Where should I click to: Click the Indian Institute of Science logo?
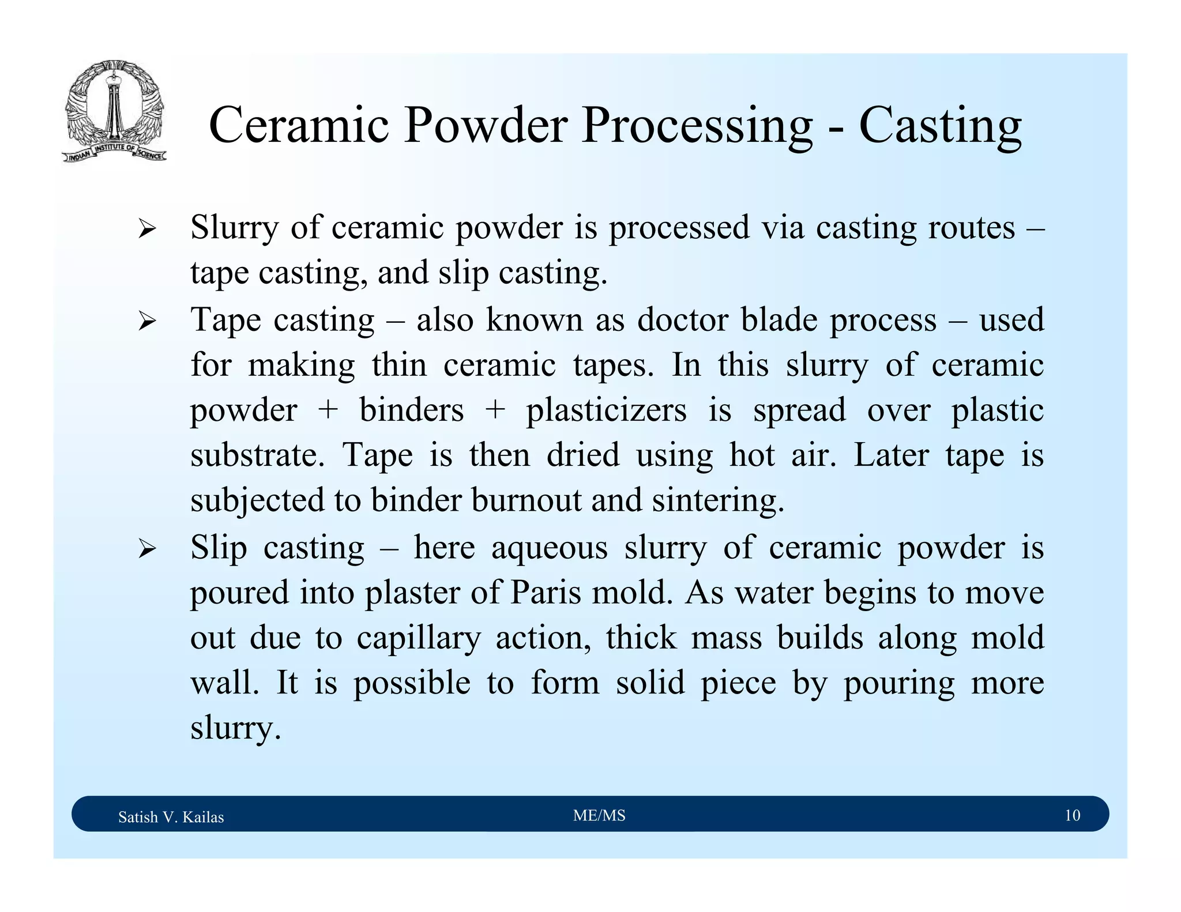coord(114,111)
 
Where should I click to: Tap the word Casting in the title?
coord(940,126)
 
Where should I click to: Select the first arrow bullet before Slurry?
coord(147,229)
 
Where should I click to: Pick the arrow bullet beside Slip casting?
coord(147,549)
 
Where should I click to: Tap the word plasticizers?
coord(606,411)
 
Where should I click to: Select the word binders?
coord(411,411)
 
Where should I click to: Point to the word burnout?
coord(526,500)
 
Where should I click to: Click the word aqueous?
coord(549,549)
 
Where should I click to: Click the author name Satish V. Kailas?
coord(171,817)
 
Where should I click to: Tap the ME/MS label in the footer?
coord(599,815)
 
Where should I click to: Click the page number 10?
coord(1072,815)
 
